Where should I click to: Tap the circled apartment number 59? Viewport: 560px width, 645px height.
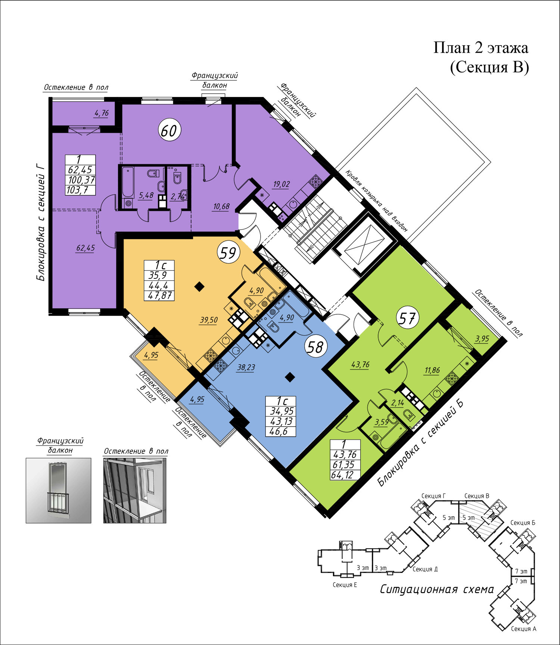click(x=228, y=252)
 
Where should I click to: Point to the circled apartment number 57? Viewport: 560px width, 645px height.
click(x=407, y=318)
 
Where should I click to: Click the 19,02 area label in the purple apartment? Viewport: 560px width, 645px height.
click(x=281, y=184)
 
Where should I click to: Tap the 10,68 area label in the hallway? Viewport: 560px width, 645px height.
click(x=221, y=206)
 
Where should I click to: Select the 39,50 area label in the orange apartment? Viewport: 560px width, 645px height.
click(x=209, y=320)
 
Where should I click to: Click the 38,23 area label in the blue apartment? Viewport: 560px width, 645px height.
click(x=246, y=367)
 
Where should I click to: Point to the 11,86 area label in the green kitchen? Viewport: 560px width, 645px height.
click(x=432, y=370)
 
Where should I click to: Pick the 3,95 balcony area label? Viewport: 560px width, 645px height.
click(x=482, y=339)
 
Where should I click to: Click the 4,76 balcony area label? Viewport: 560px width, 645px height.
click(x=102, y=113)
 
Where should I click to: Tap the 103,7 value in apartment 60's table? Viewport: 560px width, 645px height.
click(x=78, y=190)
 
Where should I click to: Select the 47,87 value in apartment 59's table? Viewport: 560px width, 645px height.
click(x=160, y=296)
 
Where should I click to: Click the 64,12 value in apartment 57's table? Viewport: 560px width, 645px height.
click(x=342, y=475)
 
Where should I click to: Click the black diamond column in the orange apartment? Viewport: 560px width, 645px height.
click(x=200, y=287)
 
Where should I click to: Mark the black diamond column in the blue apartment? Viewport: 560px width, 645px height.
click(x=290, y=377)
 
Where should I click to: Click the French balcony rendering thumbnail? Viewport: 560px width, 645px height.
click(x=59, y=490)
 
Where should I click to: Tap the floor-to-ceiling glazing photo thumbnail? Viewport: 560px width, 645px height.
click(x=135, y=490)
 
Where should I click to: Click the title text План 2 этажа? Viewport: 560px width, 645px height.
click(x=481, y=48)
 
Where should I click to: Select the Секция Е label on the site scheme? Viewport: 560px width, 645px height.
click(x=345, y=585)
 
